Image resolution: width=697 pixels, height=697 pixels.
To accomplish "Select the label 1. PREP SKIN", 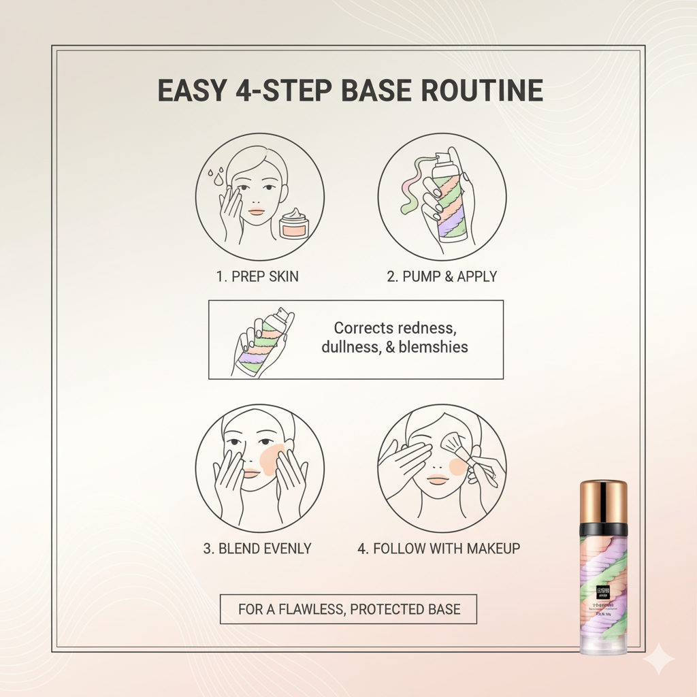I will point(257,276).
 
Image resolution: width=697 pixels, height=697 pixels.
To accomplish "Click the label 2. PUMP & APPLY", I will point(442,276).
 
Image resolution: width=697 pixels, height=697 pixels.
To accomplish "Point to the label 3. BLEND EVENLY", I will point(257,548).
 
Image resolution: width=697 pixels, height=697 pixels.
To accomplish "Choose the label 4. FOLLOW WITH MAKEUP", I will point(438,548).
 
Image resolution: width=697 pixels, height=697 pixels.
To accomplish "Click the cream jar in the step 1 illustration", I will point(294,224).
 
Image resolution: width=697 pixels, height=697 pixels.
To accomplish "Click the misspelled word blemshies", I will point(433,346).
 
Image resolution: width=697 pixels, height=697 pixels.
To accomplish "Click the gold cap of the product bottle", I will point(603,501).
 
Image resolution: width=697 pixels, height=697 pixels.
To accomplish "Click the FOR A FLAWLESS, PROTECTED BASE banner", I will point(348,609).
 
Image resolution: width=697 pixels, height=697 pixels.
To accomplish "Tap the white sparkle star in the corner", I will point(658,659).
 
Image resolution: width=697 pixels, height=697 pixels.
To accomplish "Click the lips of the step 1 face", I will point(256,212).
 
